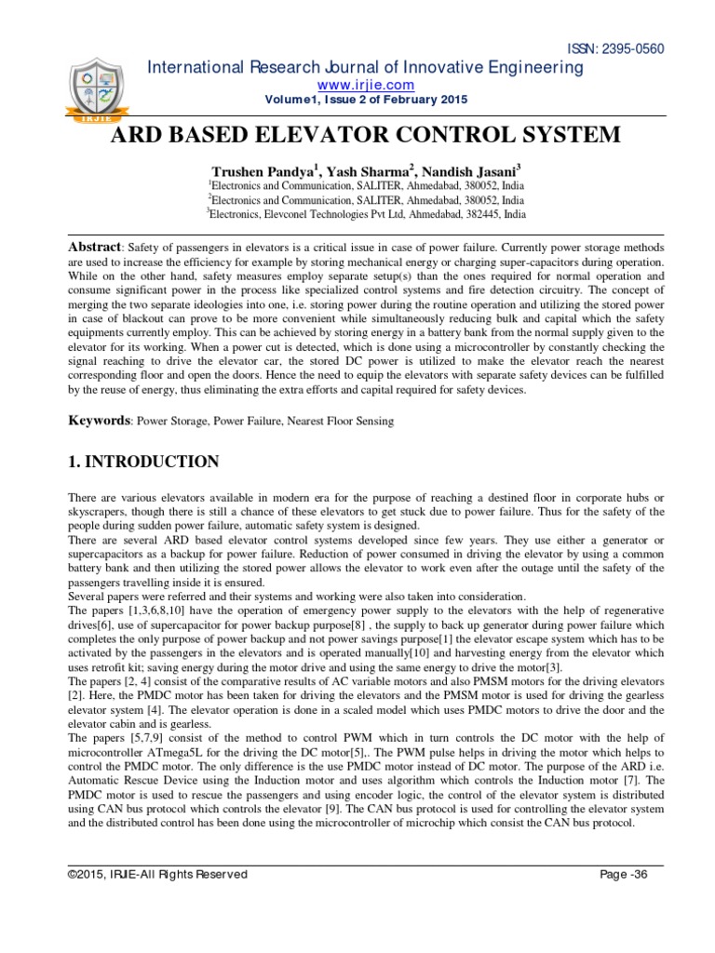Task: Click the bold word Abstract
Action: pyautogui.click(x=95, y=248)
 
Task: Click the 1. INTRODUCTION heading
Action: pyautogui.click(x=144, y=462)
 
